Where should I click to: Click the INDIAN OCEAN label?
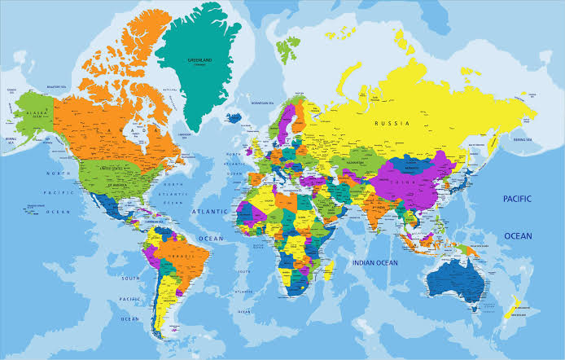374,262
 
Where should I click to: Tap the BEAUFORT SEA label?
58,86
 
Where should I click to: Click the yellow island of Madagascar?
329,270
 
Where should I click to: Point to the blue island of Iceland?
234,116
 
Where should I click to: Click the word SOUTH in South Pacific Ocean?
130,279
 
